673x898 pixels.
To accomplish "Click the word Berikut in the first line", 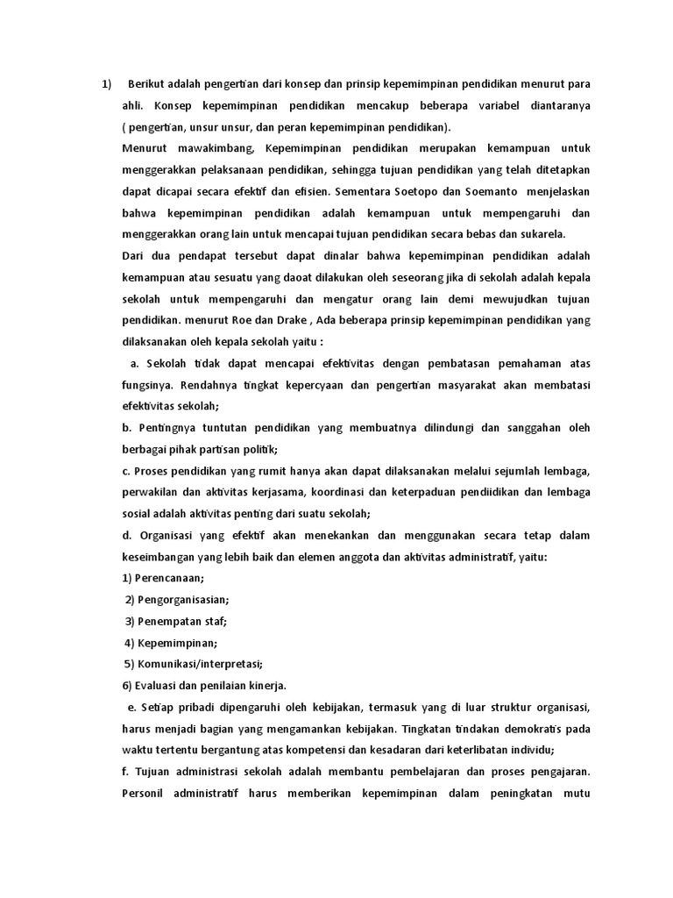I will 148,85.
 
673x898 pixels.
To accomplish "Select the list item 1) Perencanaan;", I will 163,578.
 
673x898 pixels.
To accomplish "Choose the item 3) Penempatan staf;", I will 175,621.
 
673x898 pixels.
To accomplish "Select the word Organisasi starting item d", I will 170,535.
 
